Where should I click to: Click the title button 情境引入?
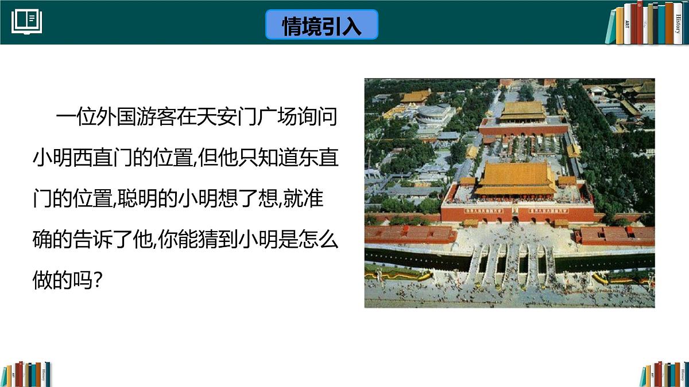click(322, 25)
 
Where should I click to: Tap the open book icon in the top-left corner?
click(27, 22)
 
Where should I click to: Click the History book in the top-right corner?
click(677, 24)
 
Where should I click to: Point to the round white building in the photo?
click(433, 113)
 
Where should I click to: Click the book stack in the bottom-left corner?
click(26, 374)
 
